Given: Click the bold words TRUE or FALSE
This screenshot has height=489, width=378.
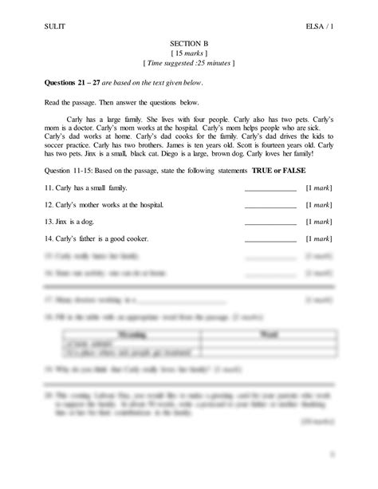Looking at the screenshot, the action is (x=279, y=172).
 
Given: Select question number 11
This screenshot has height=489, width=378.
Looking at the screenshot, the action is (x=49, y=188).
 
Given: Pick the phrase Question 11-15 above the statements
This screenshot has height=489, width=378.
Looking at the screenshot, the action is (x=72, y=172).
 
